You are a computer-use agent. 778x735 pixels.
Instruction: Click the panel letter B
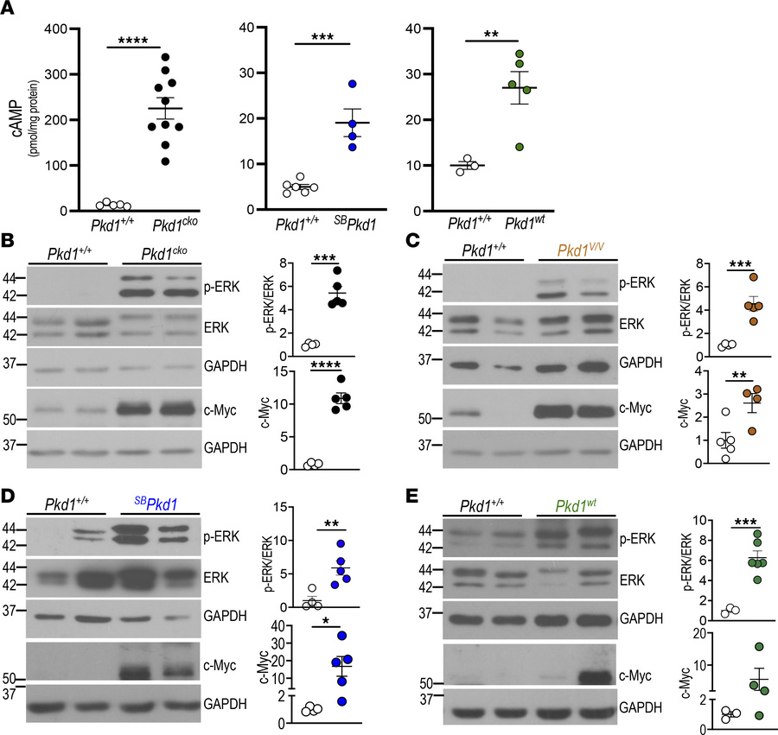[8, 245]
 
